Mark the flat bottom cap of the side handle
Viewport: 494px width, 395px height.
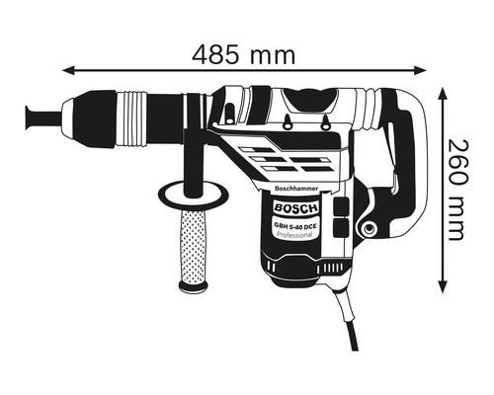195,285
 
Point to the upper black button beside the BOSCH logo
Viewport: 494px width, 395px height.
341,206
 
